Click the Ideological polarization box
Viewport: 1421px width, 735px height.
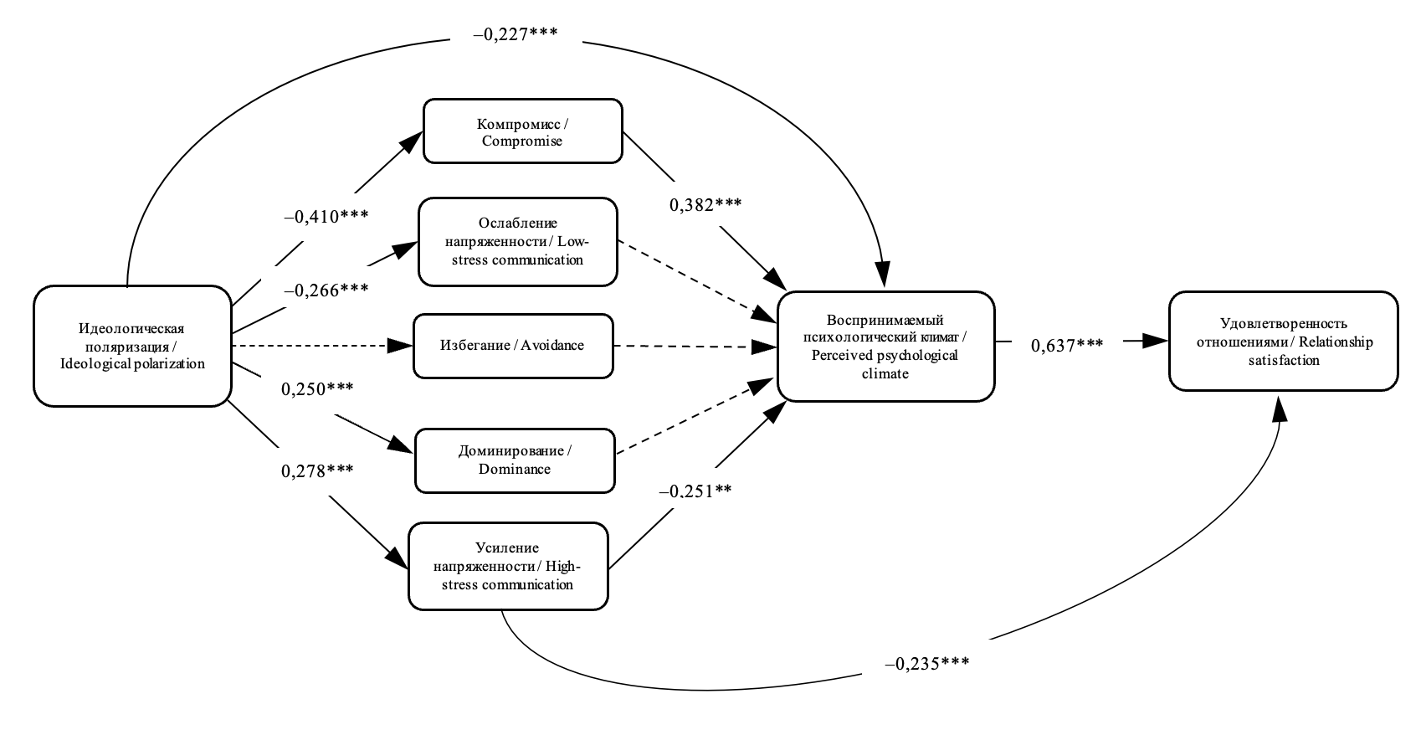132,346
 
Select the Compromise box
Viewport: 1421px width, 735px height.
522,131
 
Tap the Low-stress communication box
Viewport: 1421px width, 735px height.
517,242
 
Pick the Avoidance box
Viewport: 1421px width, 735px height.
512,345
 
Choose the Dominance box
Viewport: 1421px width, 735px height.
514,460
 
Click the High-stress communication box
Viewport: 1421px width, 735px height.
507,567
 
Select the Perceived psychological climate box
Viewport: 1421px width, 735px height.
885,346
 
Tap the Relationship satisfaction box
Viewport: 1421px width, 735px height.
1282,341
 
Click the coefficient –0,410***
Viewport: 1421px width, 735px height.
326,217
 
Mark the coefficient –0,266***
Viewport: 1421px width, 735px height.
326,290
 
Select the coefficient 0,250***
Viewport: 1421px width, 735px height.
316,389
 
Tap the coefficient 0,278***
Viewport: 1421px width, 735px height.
316,470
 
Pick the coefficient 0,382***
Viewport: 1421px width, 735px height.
705,204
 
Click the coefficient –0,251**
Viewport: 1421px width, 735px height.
695,491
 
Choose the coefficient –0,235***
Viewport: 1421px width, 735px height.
926,663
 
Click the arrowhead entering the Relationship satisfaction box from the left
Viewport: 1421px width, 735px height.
1157,341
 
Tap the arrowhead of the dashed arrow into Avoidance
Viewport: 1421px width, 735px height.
403,345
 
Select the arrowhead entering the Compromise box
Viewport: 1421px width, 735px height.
410,141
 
